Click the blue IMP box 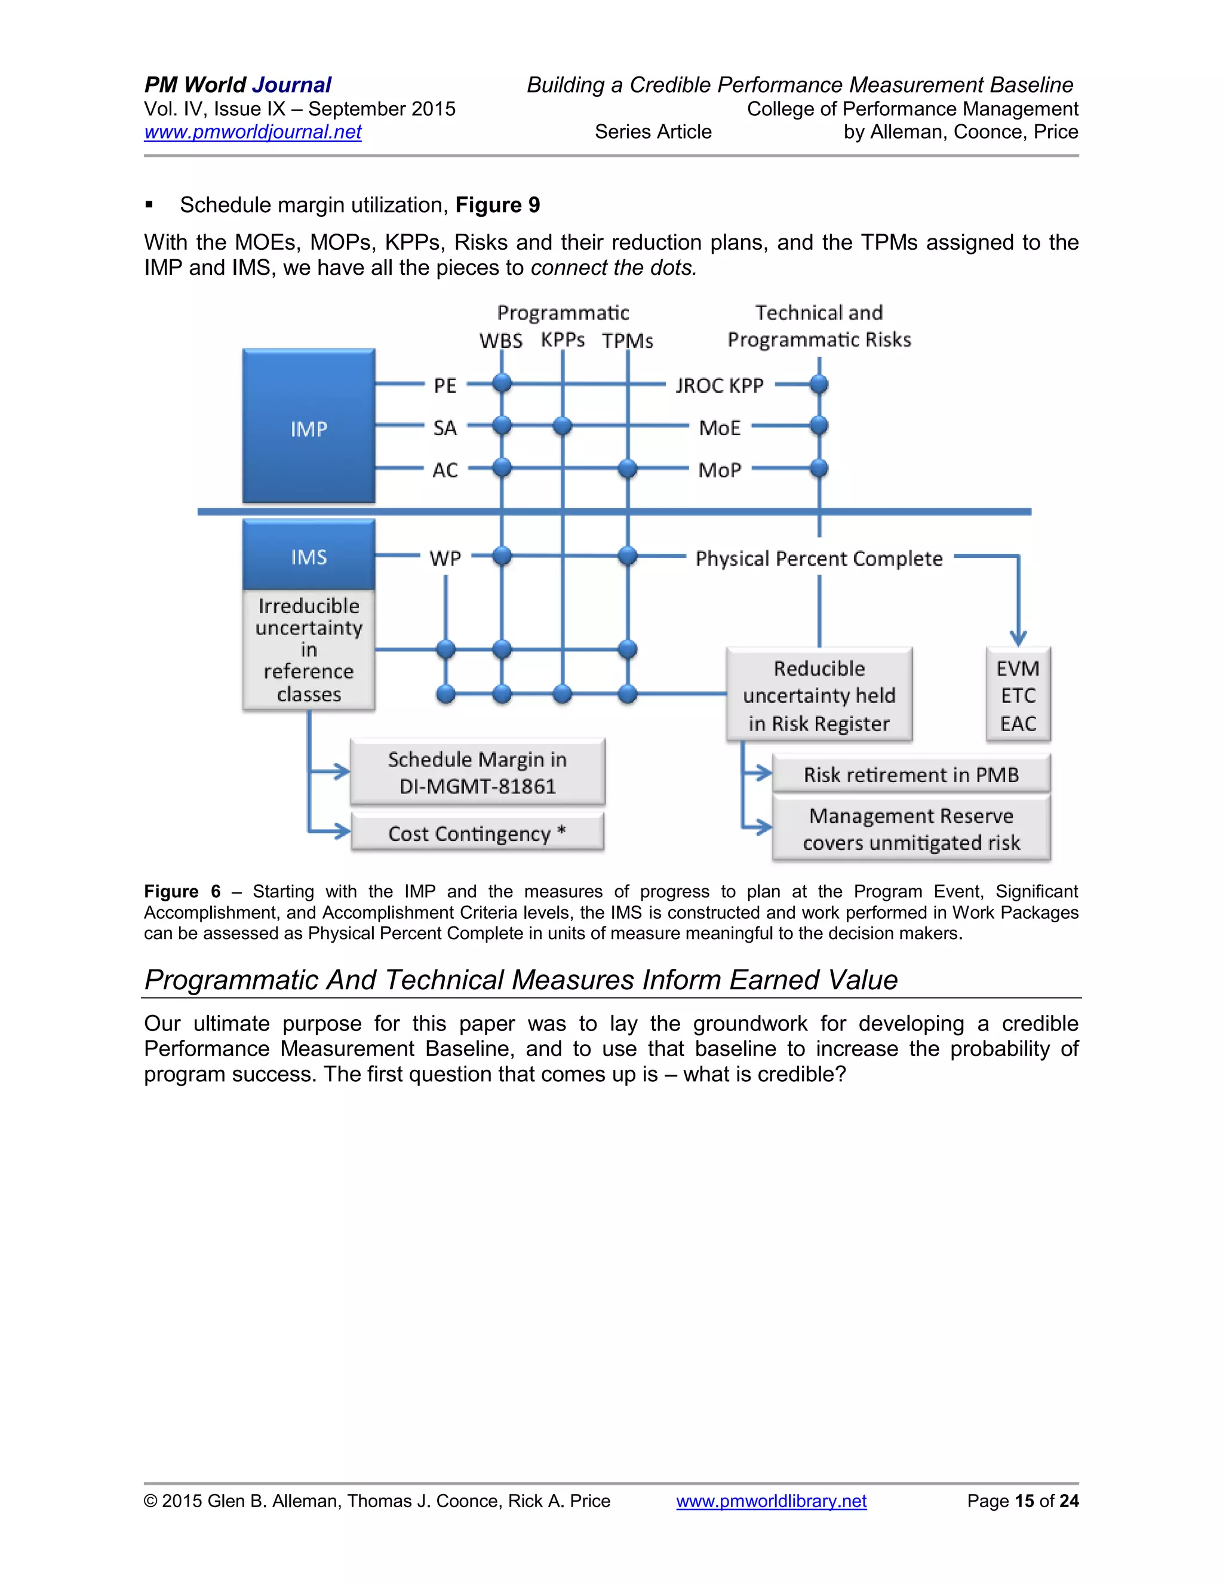point(309,426)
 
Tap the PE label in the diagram point(445,386)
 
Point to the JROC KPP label point(720,386)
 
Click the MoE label point(720,428)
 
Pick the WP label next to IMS point(445,558)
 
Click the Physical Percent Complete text point(819,558)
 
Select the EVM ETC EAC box point(1018,694)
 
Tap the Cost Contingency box point(477,832)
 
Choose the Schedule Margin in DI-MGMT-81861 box point(477,772)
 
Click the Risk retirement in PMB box point(911,774)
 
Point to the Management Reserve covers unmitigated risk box point(911,829)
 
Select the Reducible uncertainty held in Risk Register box point(819,694)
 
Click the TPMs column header point(628,340)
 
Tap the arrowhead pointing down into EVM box point(1018,639)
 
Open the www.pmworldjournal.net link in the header point(252,132)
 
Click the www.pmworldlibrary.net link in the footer point(771,1501)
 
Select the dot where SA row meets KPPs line point(562,426)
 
